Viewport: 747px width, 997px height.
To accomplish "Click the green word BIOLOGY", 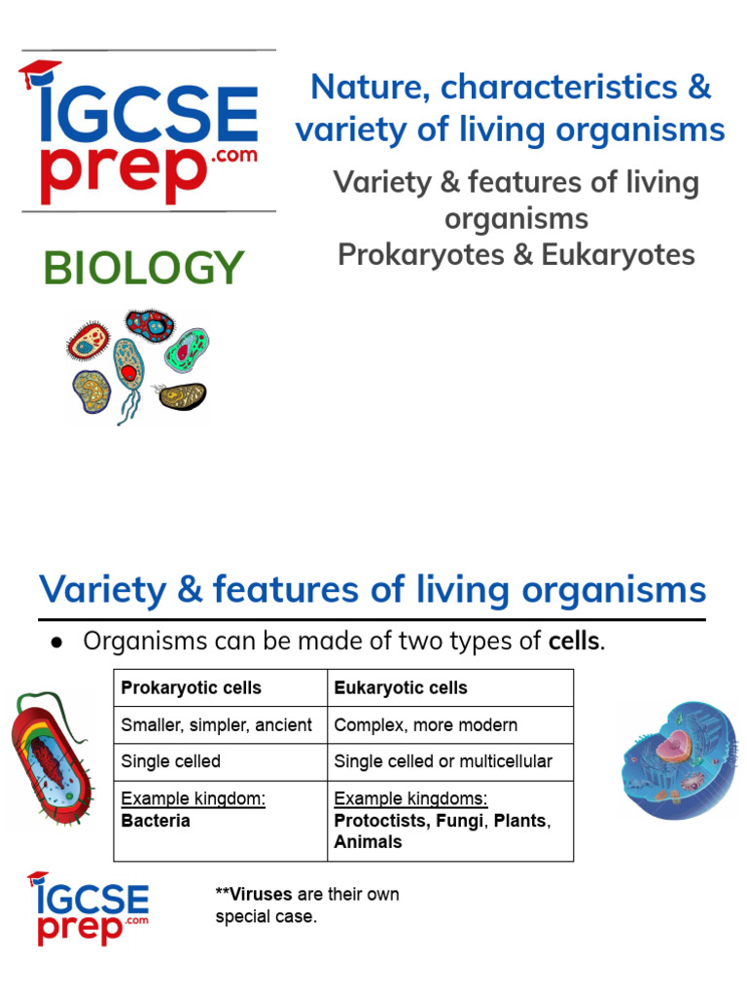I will pos(143,268).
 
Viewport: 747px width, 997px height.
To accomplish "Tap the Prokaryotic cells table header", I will pos(191,687).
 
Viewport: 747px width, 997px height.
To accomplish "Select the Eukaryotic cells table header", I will pos(401,687).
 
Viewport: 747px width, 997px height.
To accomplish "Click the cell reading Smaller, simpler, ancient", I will pos(217,725).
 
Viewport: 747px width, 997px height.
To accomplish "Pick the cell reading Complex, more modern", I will pos(426,725).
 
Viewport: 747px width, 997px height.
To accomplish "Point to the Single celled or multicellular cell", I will pos(443,761).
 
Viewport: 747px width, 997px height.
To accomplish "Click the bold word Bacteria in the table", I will pos(156,821).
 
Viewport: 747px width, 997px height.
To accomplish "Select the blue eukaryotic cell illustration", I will pos(679,757).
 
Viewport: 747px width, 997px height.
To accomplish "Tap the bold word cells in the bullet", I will pos(574,642).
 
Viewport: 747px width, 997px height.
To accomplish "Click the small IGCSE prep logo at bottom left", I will pos(88,908).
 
